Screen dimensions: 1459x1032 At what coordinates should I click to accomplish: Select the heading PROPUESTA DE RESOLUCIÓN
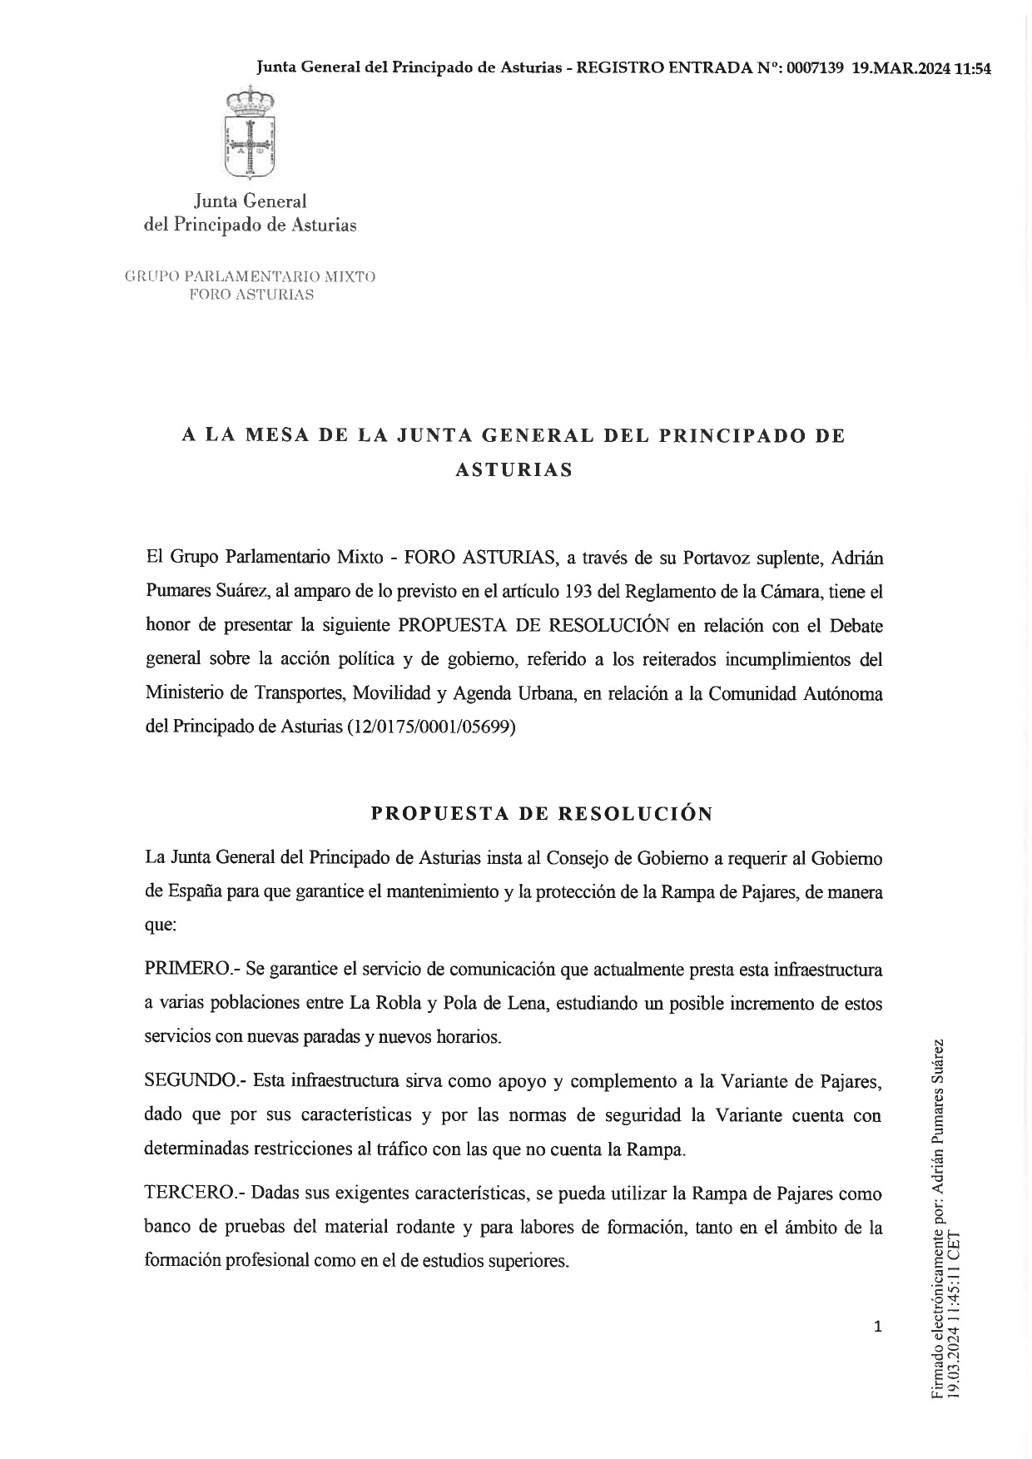(542, 814)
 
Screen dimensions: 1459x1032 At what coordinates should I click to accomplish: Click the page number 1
(877, 1327)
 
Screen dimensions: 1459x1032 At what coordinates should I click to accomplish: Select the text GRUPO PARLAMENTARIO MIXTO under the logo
(250, 276)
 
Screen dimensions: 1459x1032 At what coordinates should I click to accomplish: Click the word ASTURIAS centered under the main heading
(514, 469)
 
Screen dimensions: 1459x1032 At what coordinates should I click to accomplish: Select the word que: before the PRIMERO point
(160, 925)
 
